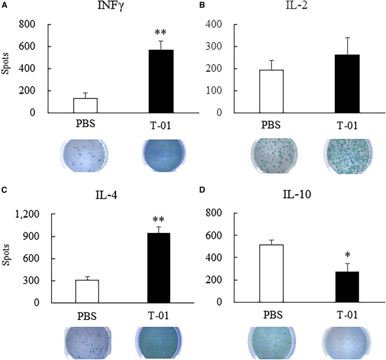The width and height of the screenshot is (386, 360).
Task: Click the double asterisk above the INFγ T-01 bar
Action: pyautogui.click(x=161, y=29)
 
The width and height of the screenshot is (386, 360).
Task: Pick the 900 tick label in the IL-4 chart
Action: pyautogui.click(x=29, y=236)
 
